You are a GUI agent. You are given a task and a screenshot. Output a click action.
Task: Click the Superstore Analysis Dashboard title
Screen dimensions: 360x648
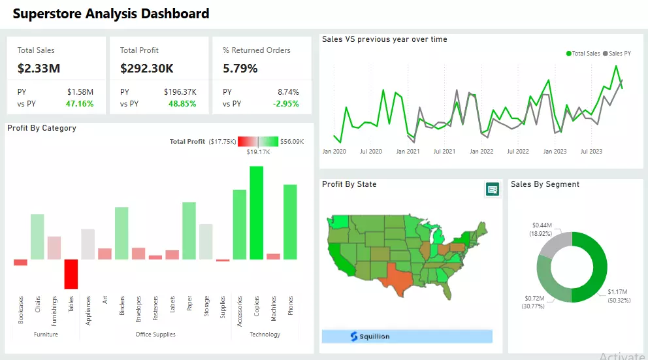[x=111, y=14]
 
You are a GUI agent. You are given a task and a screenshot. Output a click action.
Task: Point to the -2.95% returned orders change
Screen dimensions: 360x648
[x=285, y=103]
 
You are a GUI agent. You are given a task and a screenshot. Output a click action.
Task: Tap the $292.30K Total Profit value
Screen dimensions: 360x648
[x=146, y=68]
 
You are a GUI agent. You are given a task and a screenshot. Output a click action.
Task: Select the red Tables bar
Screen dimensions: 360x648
[x=71, y=274]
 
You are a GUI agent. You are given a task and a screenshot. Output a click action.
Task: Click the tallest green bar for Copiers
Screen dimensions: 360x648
[x=257, y=212]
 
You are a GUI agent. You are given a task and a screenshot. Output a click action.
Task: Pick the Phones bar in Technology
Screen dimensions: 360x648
[x=290, y=221]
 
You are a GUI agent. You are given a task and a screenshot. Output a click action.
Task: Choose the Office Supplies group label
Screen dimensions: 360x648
[x=155, y=335]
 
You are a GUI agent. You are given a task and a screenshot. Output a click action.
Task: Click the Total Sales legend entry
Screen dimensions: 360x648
[x=583, y=54]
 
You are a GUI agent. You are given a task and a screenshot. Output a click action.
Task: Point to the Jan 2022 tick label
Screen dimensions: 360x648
[x=481, y=152]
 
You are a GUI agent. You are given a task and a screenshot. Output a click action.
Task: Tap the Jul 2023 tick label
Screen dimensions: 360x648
[x=592, y=152]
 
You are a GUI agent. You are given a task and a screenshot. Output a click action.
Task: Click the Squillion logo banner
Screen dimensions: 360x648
[x=406, y=336]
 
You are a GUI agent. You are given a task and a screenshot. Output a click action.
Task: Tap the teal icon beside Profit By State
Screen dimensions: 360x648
[x=492, y=189]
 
